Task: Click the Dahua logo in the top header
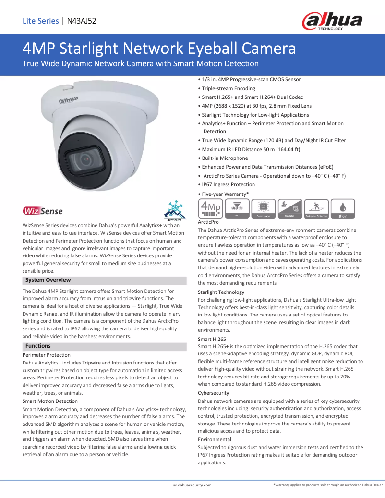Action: click(332, 21)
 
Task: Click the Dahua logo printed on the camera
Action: click(68, 100)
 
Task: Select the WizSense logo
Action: click(43, 211)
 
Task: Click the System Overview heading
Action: click(48, 280)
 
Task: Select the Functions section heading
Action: click(38, 346)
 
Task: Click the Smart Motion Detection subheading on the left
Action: click(50, 401)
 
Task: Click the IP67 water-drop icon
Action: click(343, 208)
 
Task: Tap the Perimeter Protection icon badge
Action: click(316, 208)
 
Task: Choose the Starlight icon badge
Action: click(290, 208)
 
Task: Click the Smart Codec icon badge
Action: click(264, 208)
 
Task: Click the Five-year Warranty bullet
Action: click(225, 194)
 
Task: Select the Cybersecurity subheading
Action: click(213, 393)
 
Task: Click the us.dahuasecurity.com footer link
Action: click(192, 486)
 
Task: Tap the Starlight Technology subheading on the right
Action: click(221, 292)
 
